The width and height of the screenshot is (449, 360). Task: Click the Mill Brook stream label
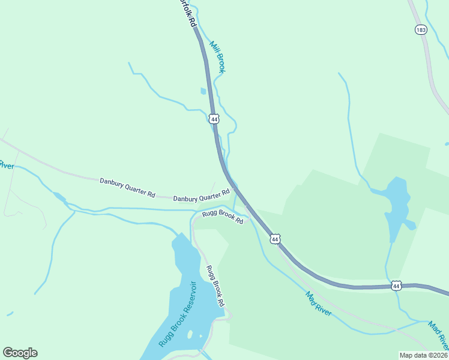pyautogui.click(x=217, y=57)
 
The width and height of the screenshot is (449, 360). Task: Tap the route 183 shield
pyautogui.click(x=421, y=29)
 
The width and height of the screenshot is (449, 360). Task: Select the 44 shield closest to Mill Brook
pyautogui.click(x=214, y=119)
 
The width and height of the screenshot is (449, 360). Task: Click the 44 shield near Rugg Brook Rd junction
pyautogui.click(x=275, y=239)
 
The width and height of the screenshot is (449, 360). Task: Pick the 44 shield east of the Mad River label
pyautogui.click(x=397, y=285)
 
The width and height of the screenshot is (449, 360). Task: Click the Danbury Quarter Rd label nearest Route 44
pyautogui.click(x=202, y=196)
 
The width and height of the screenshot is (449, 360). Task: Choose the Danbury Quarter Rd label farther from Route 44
pyautogui.click(x=128, y=187)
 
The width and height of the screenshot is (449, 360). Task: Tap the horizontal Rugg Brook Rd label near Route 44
pyautogui.click(x=222, y=217)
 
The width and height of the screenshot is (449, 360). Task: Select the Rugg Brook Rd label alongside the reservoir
pyautogui.click(x=215, y=285)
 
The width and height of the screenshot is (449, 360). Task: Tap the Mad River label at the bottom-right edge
pyautogui.click(x=438, y=335)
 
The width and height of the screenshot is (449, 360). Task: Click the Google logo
pyautogui.click(x=20, y=353)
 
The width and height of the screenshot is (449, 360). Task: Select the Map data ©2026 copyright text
pyautogui.click(x=423, y=355)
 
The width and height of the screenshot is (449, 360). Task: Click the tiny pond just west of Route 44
pyautogui.click(x=203, y=91)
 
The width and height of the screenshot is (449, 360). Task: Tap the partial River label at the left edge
pyautogui.click(x=6, y=164)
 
